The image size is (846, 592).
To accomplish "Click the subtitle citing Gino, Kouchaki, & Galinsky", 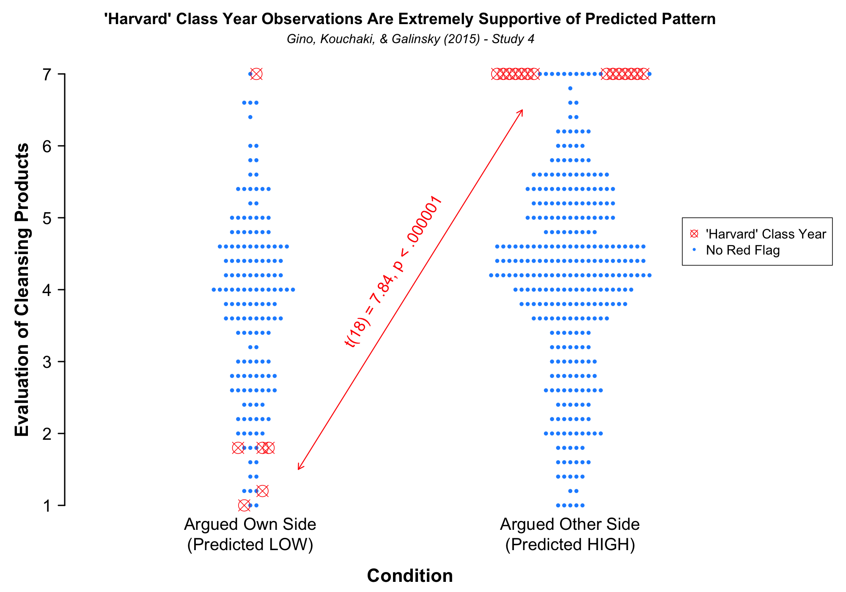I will click(410, 39).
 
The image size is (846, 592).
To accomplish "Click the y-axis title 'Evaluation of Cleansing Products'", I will click(22, 290).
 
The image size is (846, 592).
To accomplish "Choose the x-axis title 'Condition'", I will click(409, 576).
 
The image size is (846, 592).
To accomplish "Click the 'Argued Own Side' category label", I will click(250, 525).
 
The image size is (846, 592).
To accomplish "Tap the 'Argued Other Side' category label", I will click(570, 525).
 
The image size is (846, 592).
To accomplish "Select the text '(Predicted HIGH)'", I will click(570, 545).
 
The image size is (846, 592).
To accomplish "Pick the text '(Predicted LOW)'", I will click(250, 545).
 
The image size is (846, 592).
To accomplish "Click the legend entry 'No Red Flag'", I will click(743, 250).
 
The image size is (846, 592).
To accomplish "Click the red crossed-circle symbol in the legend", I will click(694, 234).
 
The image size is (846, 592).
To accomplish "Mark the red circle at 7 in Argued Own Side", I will click(256, 74).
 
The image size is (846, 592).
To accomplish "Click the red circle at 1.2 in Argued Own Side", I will click(262, 491).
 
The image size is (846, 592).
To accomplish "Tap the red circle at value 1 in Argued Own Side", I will click(244, 505).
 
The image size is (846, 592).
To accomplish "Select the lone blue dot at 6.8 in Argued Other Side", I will click(570, 88).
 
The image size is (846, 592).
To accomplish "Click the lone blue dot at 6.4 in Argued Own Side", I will click(250, 117).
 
